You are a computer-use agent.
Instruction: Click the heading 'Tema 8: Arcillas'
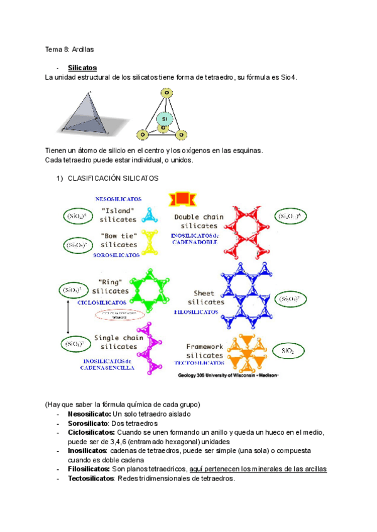69,50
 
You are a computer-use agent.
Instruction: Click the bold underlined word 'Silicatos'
82,67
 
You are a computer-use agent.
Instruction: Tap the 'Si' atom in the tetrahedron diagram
165,117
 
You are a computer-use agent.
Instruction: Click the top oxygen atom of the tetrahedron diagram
167,93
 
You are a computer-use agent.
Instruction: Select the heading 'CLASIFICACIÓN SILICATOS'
112,179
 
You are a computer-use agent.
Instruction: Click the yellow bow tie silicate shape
150,242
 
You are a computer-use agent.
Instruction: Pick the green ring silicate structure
150,290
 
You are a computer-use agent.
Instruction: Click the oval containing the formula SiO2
292,350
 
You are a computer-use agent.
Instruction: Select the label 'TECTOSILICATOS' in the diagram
199,363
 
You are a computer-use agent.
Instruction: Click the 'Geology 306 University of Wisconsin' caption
227,375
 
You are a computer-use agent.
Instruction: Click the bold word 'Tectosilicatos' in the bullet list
90,479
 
